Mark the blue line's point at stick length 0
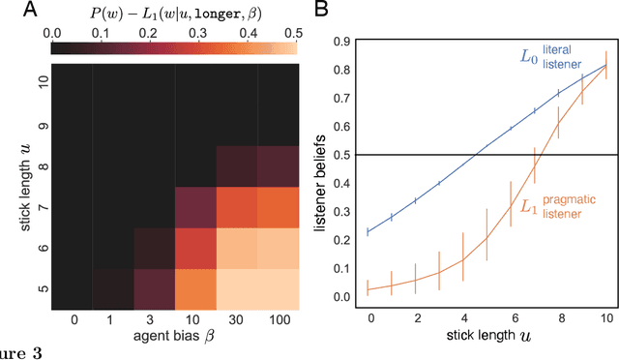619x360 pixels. (x=368, y=232)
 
